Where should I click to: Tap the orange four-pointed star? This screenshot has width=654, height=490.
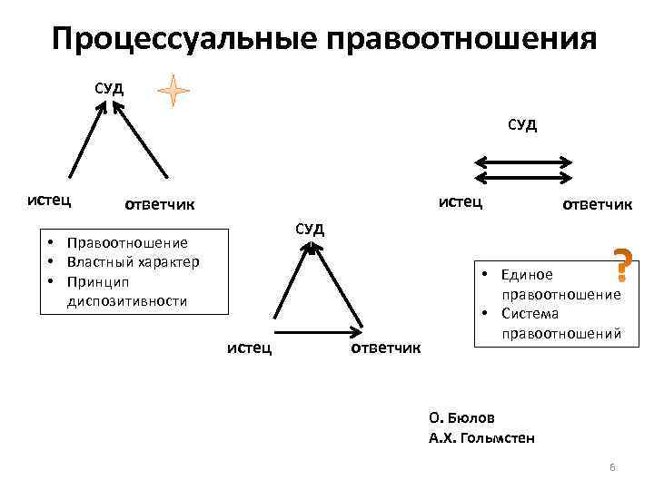(x=173, y=91)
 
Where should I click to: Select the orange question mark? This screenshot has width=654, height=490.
(x=623, y=263)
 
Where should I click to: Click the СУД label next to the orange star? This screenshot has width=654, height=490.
(x=111, y=88)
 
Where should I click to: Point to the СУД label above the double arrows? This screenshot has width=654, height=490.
(x=521, y=124)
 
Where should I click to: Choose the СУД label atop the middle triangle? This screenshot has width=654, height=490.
(x=309, y=226)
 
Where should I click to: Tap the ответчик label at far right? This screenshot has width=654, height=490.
(x=597, y=203)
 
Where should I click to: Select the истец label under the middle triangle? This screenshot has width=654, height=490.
(x=250, y=348)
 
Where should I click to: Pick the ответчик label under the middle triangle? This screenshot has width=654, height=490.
(x=385, y=348)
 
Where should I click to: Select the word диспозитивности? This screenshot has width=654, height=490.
(x=127, y=300)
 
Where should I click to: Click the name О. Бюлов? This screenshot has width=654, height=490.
(x=462, y=418)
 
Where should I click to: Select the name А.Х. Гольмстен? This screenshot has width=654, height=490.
(x=481, y=438)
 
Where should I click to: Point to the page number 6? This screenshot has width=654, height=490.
(x=612, y=467)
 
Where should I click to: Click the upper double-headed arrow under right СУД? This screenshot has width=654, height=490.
(x=523, y=162)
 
